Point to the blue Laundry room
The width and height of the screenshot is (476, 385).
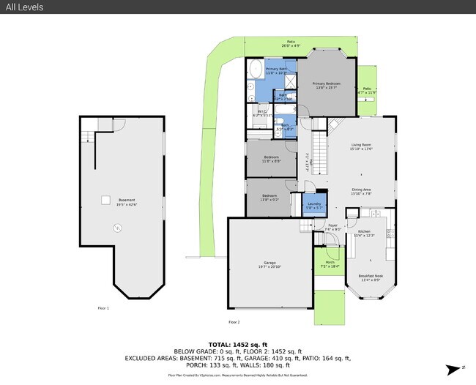314,205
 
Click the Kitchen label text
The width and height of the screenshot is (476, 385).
364,233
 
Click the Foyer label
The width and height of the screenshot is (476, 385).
332,227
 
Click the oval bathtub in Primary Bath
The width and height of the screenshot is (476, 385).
256,70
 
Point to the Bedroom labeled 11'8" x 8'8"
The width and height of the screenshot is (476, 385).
271,159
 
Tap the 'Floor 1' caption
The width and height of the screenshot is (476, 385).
103,308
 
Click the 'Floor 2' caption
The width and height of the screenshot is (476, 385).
234,322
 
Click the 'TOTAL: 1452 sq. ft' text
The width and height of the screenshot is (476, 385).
238,344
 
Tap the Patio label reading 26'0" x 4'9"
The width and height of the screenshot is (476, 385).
291,43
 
